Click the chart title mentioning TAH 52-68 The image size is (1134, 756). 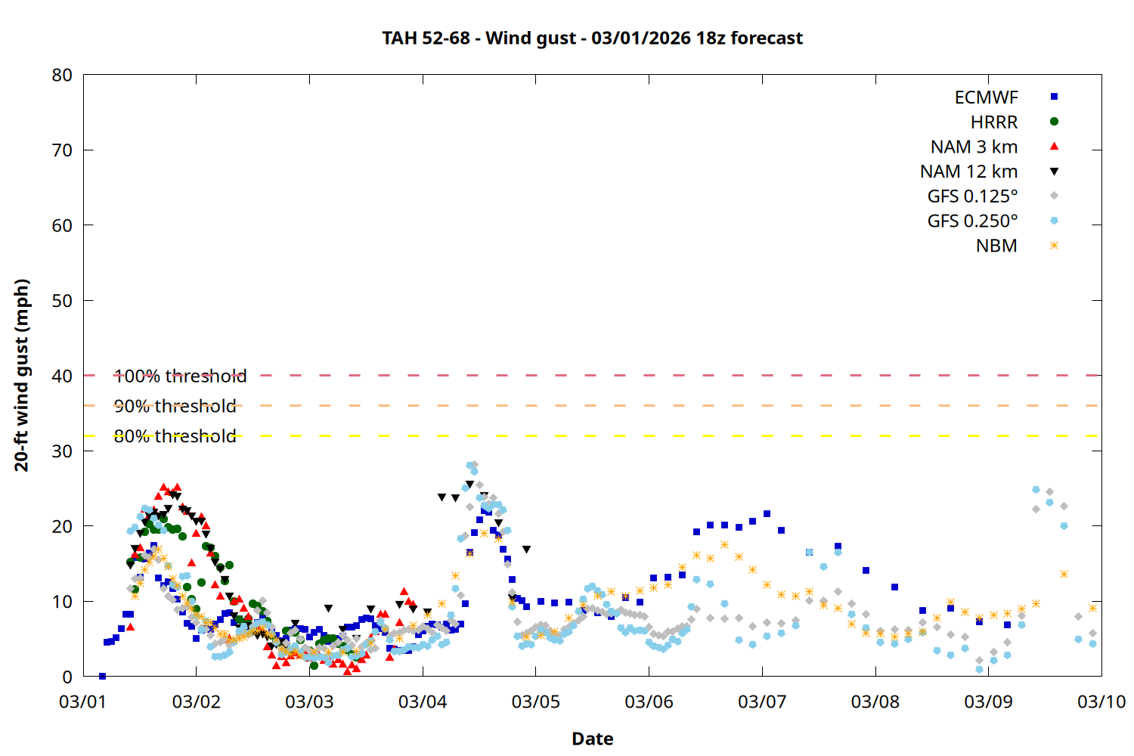pos(592,38)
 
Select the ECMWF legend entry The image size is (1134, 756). pos(986,98)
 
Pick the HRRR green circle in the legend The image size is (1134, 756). pos(1054,122)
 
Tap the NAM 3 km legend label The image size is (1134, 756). pos(974,147)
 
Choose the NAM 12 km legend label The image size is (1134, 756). pos(968,172)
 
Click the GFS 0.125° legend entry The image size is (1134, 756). pos(972,197)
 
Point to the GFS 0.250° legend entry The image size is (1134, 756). pos(972,221)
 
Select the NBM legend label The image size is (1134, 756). pos(996,246)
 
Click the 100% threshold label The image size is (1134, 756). pos(180,376)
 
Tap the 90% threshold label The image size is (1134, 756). pos(175,406)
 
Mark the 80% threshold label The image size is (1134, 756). pos(175,436)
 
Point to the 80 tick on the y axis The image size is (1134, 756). pos(62,75)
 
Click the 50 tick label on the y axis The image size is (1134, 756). pos(62,301)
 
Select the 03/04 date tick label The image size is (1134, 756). pos(423,702)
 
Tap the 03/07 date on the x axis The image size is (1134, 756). pos(762,702)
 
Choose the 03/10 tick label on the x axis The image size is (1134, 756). pos(1101,702)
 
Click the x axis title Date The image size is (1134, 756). pos(592,739)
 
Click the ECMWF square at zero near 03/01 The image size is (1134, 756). pos(102,676)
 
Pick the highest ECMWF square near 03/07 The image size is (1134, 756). pos(767,514)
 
